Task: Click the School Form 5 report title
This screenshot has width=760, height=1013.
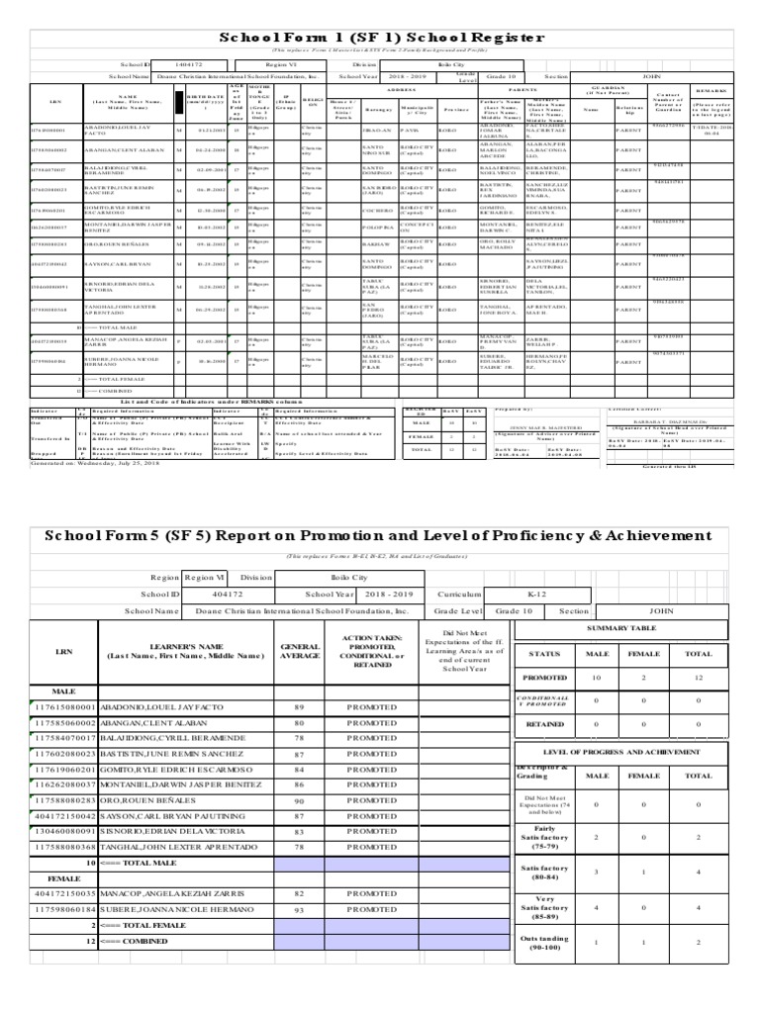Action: pos(379,535)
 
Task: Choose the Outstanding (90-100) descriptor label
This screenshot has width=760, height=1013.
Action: pos(544,967)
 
